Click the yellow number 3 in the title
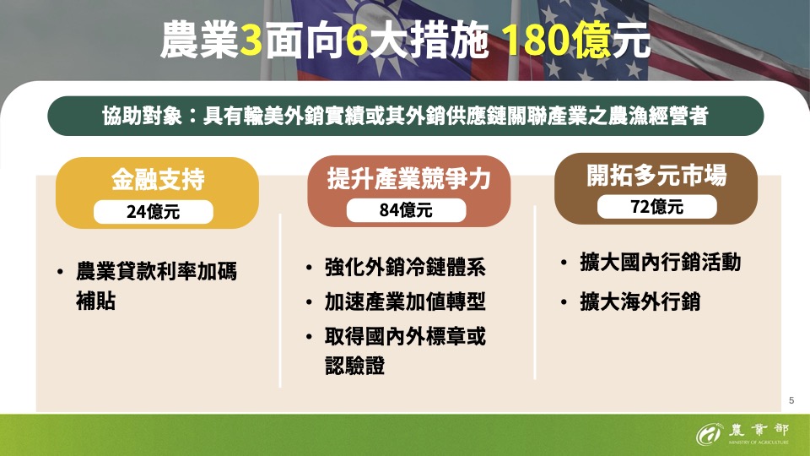(251, 40)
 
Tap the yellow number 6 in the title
(357, 40)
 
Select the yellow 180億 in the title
(556, 40)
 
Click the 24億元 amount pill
(154, 212)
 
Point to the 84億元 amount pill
(406, 210)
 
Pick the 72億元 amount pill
(657, 207)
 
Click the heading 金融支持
(158, 179)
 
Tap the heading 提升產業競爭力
(408, 178)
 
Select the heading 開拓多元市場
(656, 176)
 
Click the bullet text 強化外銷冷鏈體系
(405, 268)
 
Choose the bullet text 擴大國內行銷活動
(660, 262)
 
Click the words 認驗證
(355, 366)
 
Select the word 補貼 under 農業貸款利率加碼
(95, 301)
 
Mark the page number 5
(791, 400)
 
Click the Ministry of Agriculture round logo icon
(709, 434)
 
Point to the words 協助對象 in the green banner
(142, 116)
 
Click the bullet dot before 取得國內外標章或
(309, 337)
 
